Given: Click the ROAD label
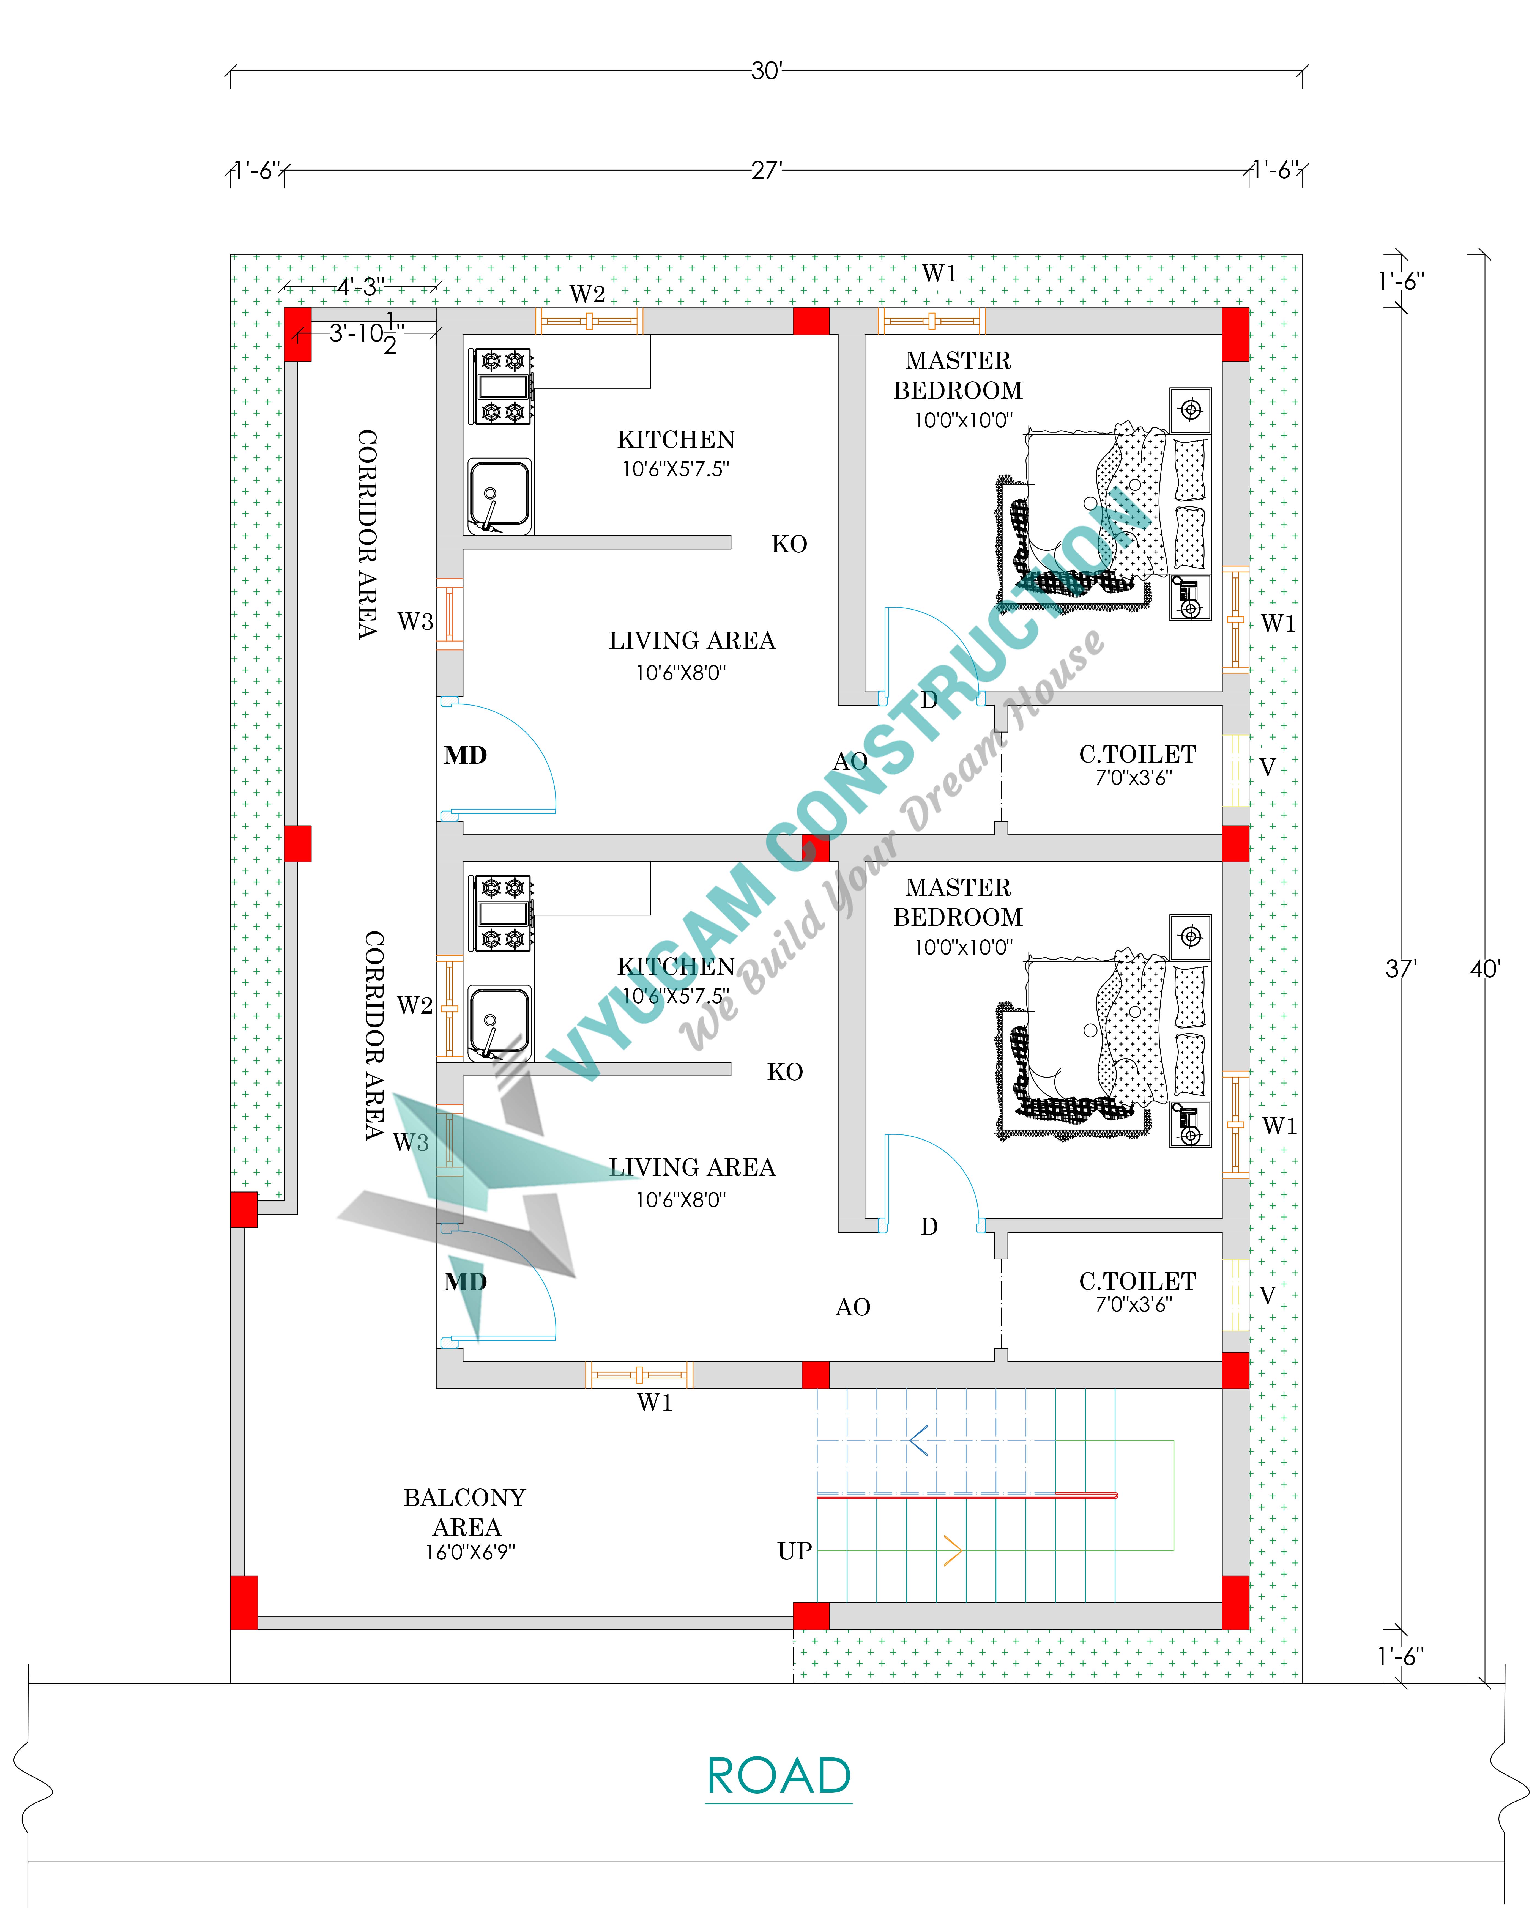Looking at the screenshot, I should tap(779, 1776).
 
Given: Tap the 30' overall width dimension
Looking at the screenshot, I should tap(767, 71).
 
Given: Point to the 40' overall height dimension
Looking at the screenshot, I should tap(1485, 969).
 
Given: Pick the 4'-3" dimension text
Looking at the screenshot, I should tap(359, 287).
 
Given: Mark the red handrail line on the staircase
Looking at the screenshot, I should tap(967, 1496).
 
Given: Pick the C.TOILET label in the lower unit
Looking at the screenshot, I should tap(1137, 1281).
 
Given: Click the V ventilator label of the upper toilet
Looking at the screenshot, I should tap(1268, 767).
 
